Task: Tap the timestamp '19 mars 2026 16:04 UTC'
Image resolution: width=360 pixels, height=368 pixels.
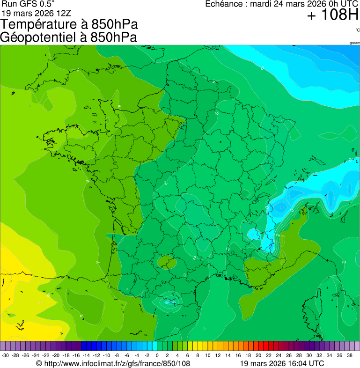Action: (281, 363)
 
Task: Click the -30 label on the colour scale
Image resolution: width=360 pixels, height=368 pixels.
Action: (5, 355)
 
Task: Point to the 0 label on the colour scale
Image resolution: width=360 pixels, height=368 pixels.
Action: (157, 355)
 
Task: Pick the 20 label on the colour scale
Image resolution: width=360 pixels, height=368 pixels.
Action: (258, 355)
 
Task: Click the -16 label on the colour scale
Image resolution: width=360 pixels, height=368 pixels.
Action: (76, 355)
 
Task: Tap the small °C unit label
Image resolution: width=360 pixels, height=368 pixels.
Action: (357, 30)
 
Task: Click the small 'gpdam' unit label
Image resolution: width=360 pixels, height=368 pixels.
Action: (354, 43)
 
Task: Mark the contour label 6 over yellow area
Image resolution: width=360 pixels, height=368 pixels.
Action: (48, 295)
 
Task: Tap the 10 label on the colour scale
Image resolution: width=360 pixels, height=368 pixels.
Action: (208, 355)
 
